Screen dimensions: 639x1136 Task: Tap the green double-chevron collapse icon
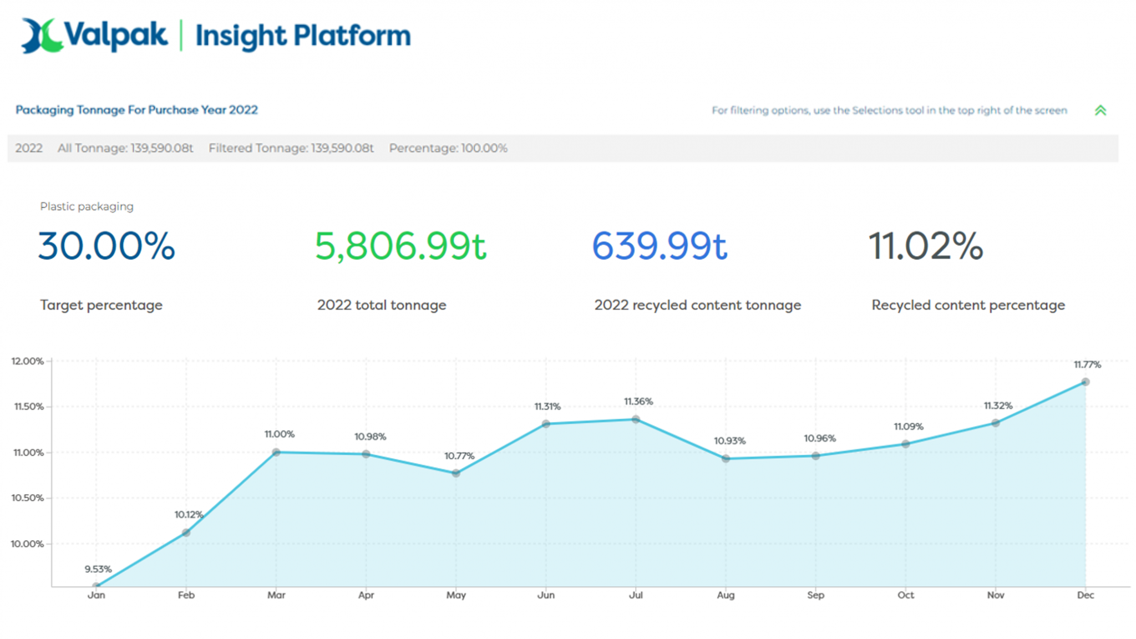tap(1100, 110)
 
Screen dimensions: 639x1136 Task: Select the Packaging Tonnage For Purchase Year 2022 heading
tap(136, 110)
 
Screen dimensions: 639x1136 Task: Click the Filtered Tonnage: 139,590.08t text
tap(291, 148)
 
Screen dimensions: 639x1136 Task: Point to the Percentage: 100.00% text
tap(448, 148)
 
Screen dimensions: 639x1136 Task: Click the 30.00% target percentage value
tap(106, 246)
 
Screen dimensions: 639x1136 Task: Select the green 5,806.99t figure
tap(400, 246)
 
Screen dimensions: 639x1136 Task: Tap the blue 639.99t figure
tap(660, 246)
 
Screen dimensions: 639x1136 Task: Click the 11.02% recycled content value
tap(925, 246)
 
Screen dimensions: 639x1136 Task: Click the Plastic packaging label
tap(87, 206)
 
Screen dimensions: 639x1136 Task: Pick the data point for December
tap(1086, 382)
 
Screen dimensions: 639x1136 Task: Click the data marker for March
tap(276, 452)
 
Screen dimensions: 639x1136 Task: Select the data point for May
tap(456, 473)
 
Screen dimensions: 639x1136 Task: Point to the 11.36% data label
tap(638, 401)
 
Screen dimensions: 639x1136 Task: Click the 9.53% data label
tap(98, 569)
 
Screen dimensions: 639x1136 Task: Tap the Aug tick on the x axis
tap(726, 595)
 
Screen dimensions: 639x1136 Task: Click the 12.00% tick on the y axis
tap(27, 361)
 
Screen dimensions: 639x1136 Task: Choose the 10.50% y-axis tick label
tap(27, 498)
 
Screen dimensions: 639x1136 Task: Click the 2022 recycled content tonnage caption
tap(697, 305)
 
